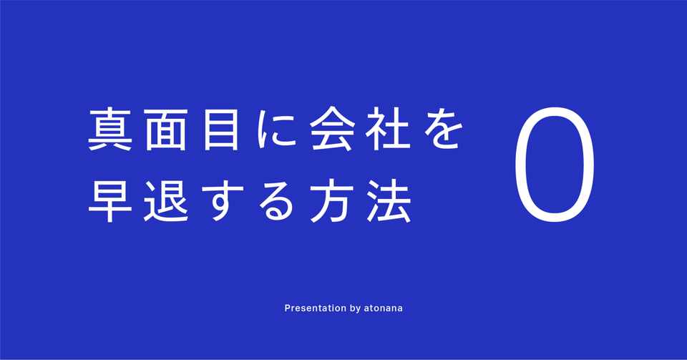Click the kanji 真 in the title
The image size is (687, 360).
pos(110,130)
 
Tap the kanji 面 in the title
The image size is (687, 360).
pos(166,130)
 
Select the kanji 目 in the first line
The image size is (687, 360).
pos(221,130)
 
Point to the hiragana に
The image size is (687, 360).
pos(276,130)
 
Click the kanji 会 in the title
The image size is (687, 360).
pos(331,130)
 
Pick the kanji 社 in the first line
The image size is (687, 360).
pos(387,130)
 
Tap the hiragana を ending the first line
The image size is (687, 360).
pos(442,130)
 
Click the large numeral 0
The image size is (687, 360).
pos(515,164)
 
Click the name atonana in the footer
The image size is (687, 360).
pos(384,308)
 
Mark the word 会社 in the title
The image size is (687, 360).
pos(359,130)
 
